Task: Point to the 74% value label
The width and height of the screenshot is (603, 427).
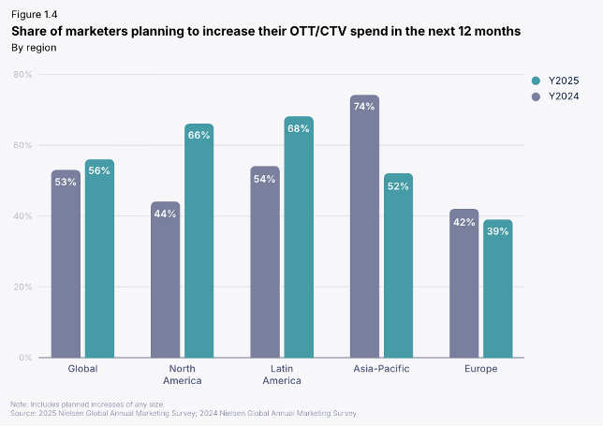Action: (x=364, y=107)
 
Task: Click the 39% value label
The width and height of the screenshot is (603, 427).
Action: (x=497, y=231)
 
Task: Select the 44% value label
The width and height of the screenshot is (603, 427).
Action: (x=165, y=213)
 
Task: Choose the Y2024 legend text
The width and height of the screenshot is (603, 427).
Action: (x=565, y=96)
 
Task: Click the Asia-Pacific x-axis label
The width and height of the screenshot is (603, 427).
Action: (x=381, y=369)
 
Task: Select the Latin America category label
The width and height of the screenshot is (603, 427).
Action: (x=282, y=375)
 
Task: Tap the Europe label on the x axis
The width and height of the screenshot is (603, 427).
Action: (x=480, y=369)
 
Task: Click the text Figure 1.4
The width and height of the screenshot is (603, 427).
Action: (x=35, y=15)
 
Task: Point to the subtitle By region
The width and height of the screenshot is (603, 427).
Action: (x=34, y=47)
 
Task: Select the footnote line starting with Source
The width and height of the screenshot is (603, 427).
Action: (x=184, y=412)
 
